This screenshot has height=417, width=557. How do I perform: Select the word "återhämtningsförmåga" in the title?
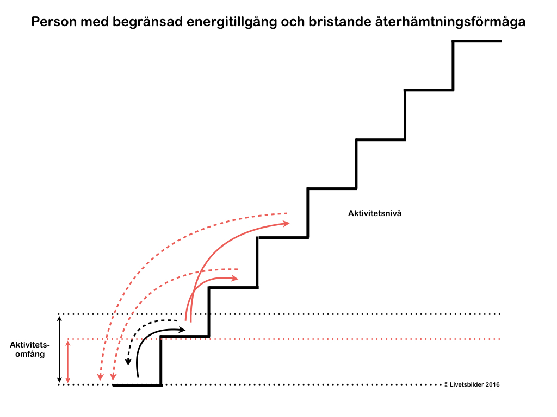point(450,22)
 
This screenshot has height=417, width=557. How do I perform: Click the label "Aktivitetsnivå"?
point(375,214)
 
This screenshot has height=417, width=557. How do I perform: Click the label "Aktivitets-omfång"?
point(30,349)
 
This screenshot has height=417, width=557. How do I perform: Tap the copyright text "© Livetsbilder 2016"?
point(471,384)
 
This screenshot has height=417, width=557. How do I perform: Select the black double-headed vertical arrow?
point(59,349)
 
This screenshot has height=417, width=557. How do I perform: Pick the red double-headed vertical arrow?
point(67,361)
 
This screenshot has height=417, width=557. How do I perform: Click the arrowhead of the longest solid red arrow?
point(287,223)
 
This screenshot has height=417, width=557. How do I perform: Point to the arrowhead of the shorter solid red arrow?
point(234,278)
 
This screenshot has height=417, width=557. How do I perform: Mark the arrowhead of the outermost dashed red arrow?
point(100,377)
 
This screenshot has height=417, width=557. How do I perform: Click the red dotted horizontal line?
point(326,339)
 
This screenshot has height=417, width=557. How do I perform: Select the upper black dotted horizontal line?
point(326,314)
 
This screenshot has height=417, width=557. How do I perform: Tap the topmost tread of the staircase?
point(477,41)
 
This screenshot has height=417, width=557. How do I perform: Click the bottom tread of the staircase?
point(137,385)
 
